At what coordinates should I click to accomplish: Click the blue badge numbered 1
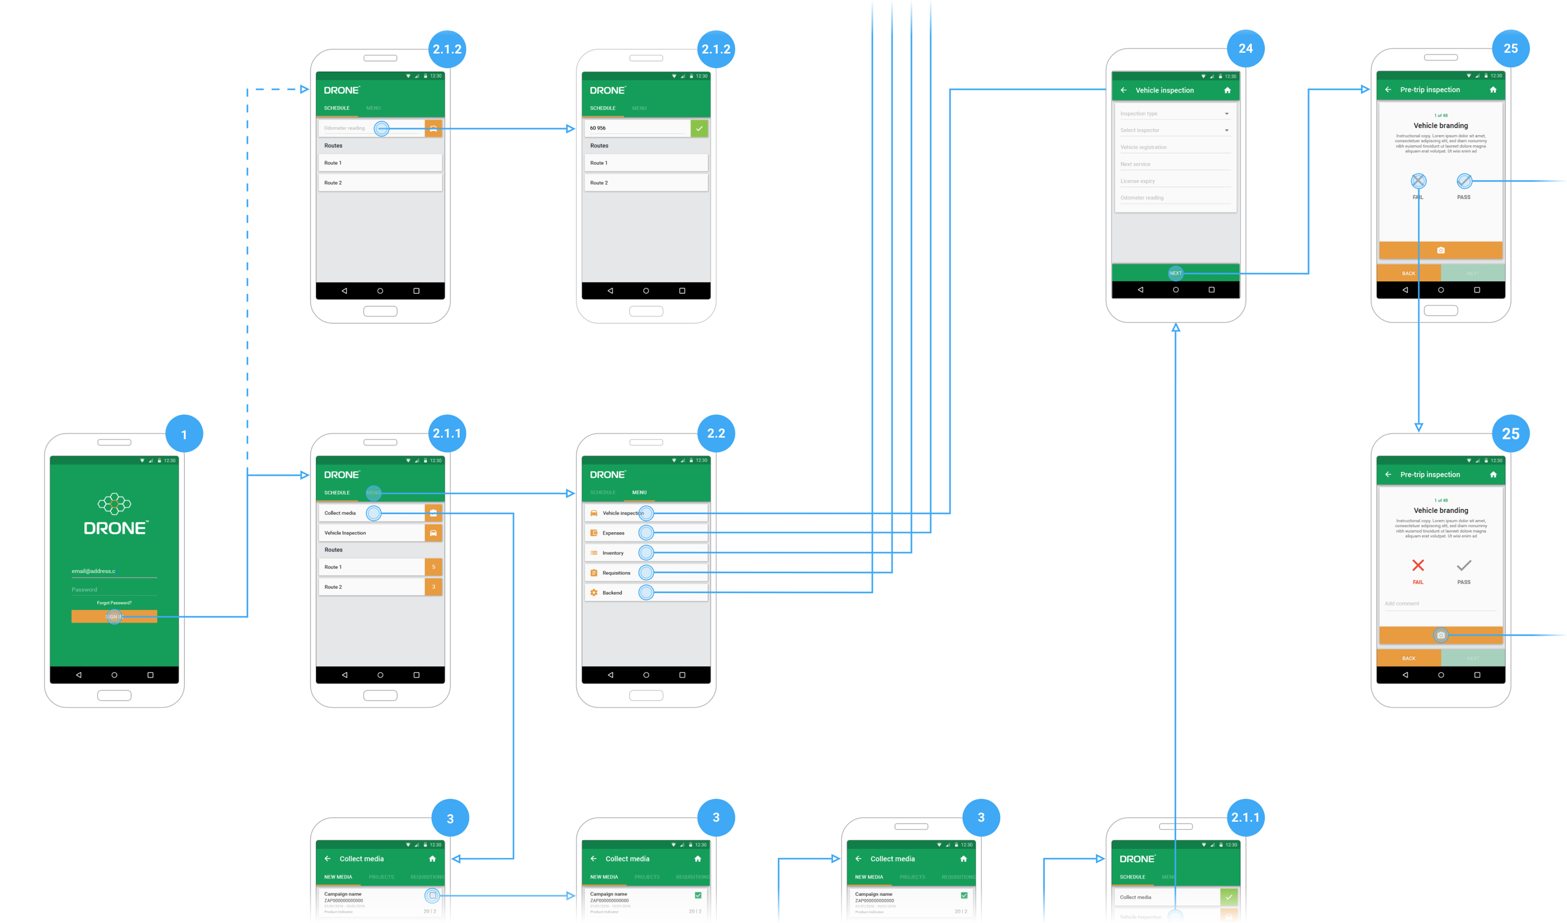[x=184, y=434]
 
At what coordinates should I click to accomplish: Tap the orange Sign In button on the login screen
[x=114, y=617]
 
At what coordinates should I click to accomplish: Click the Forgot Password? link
[x=114, y=602]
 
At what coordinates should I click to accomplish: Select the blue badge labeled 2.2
[x=715, y=434]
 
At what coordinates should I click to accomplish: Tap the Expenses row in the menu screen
[x=613, y=533]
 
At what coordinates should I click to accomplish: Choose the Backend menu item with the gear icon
[x=612, y=593]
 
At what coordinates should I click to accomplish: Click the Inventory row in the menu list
[x=613, y=553]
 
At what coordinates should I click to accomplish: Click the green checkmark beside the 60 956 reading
[x=699, y=128]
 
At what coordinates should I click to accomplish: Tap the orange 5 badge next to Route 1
[x=434, y=567]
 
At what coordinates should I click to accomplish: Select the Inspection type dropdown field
[x=1174, y=114]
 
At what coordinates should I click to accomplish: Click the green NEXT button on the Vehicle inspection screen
[x=1175, y=273]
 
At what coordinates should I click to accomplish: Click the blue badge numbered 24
[x=1245, y=48]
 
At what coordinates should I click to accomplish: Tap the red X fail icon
[x=1418, y=565]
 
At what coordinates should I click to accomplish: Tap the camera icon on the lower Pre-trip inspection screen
[x=1441, y=635]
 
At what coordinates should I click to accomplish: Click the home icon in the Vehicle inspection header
[x=1227, y=90]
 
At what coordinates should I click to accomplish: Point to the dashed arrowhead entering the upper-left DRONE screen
[x=305, y=90]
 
